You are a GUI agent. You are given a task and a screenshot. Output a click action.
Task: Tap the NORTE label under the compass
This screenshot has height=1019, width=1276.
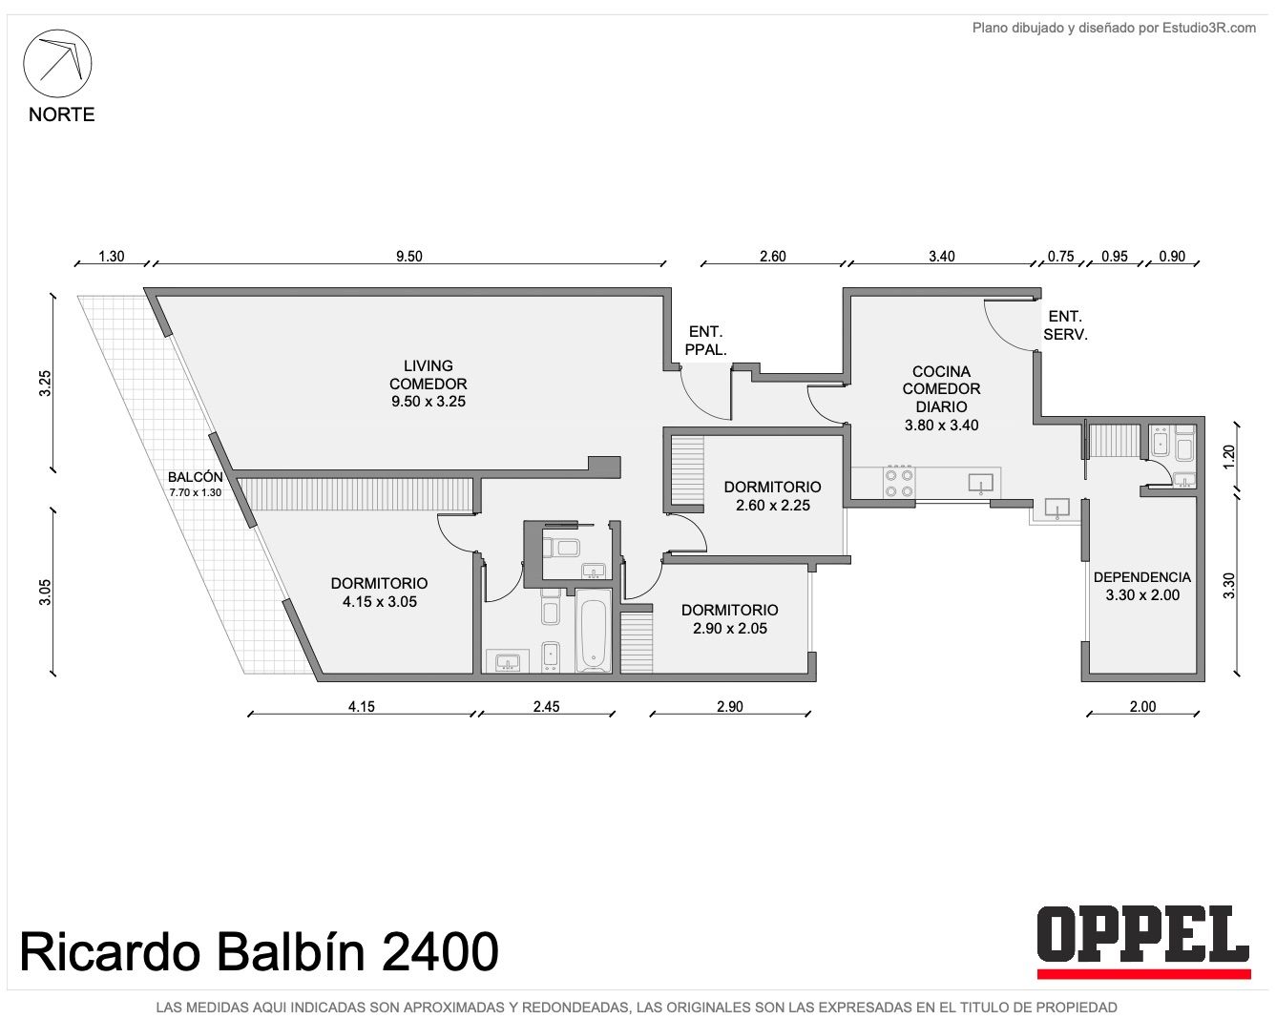(62, 114)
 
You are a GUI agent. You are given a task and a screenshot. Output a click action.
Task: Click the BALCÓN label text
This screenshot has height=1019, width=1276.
(195, 477)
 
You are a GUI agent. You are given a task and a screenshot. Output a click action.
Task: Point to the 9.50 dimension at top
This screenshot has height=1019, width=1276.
(409, 256)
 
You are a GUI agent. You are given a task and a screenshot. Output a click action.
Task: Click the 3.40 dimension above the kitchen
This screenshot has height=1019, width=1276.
(942, 256)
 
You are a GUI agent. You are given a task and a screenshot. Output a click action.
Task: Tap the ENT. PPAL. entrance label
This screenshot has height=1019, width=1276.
(705, 341)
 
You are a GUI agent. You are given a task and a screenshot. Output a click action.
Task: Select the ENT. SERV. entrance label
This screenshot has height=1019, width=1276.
(1065, 325)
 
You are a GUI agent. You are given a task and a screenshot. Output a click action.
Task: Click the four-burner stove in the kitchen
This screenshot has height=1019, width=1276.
(899, 483)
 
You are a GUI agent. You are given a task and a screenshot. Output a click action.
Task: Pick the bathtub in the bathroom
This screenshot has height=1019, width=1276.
(593, 632)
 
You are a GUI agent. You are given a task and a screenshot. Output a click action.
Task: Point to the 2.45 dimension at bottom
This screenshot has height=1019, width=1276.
(546, 707)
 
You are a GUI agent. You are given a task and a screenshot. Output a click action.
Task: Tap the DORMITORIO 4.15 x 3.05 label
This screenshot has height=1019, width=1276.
(380, 593)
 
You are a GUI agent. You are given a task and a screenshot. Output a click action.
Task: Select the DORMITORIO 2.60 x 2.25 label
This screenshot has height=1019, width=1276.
(773, 496)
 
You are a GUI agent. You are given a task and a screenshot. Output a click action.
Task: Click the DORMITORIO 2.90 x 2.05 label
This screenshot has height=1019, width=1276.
(730, 619)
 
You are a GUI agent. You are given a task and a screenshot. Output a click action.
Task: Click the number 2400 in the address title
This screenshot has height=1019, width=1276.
(439, 952)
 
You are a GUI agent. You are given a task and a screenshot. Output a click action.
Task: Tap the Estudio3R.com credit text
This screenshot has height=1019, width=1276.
(1208, 28)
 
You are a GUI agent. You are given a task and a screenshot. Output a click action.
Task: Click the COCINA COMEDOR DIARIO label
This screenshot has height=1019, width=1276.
(942, 398)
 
